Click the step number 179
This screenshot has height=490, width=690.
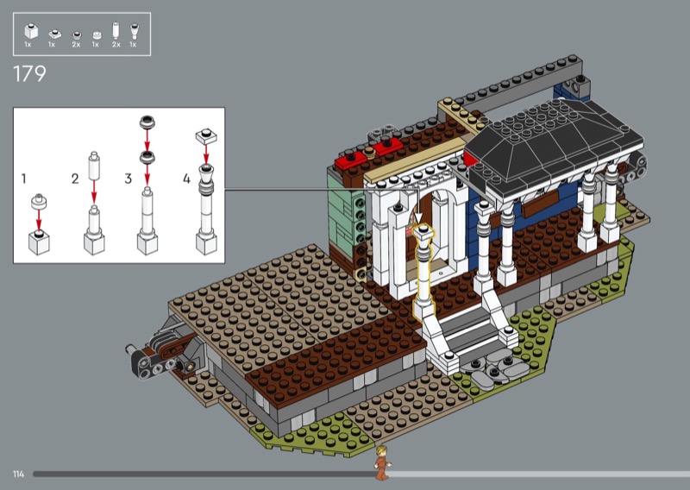(x=29, y=73)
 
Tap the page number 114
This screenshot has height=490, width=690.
(x=18, y=474)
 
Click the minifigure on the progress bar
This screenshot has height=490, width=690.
(x=382, y=462)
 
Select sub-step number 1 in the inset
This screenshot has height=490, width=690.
(x=24, y=179)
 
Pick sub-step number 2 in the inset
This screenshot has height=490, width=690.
(x=75, y=179)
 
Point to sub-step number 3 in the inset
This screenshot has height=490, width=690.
(x=128, y=179)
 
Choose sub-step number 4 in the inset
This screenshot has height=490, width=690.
(x=187, y=179)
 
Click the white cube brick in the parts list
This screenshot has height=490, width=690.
(x=31, y=31)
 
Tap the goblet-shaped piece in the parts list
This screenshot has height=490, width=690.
(x=134, y=31)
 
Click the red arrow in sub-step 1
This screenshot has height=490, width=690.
(x=39, y=220)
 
